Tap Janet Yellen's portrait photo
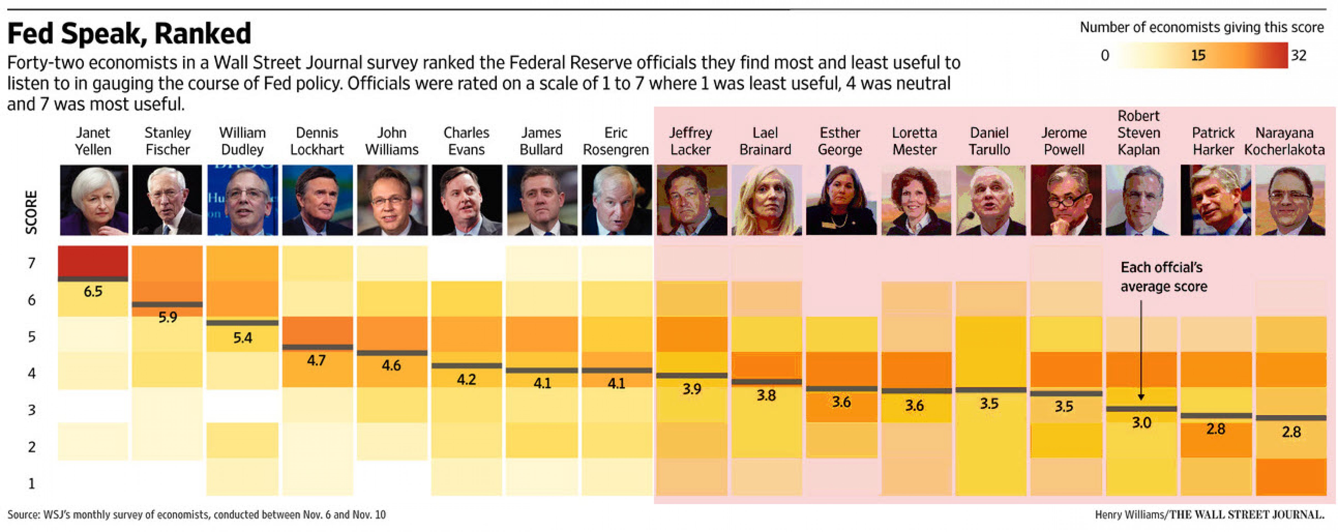[x=94, y=200]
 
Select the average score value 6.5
[x=93, y=291]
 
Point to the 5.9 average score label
[x=168, y=317]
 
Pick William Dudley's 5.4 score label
[x=243, y=338]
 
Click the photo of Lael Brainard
[x=766, y=200]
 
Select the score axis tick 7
[x=32, y=263]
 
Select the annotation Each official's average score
[x=1163, y=277]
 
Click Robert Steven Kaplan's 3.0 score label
[x=1141, y=422]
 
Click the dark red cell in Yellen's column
[x=93, y=261]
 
